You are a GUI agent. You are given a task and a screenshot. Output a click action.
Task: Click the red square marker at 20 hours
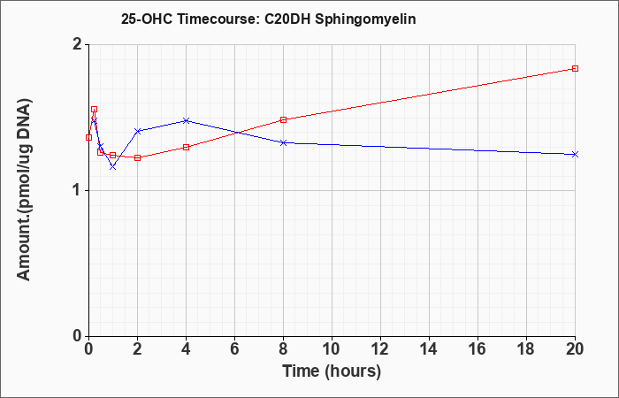coord(575,68)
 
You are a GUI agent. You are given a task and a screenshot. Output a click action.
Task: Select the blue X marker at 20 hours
coord(575,155)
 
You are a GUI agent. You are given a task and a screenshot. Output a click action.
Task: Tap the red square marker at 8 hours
coord(283,119)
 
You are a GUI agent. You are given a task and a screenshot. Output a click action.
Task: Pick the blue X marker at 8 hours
coord(283,142)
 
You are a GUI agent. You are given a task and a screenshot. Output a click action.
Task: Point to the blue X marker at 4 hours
coord(187,120)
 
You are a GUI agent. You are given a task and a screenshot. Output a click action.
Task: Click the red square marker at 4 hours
coord(187,148)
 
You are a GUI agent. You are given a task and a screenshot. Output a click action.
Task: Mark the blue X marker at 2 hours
coord(137,131)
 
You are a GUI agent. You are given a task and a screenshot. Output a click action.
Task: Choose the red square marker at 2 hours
coord(137,158)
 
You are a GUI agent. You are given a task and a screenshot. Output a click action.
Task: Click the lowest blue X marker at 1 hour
coord(113,166)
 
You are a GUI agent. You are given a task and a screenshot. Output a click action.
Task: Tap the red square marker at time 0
coord(88,137)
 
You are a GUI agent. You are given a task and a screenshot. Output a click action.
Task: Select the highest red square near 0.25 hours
coord(94,110)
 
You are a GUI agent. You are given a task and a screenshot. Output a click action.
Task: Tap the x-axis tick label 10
coord(332,349)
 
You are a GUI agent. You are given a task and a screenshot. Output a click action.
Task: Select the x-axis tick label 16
coord(478,349)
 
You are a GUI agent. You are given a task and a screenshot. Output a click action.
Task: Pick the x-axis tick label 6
coord(235,349)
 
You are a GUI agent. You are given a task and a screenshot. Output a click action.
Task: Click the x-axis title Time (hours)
coord(332,371)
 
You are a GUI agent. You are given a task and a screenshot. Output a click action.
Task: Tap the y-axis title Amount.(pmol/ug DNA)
coord(25,190)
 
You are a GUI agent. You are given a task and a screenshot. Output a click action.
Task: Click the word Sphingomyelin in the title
coord(365,19)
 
